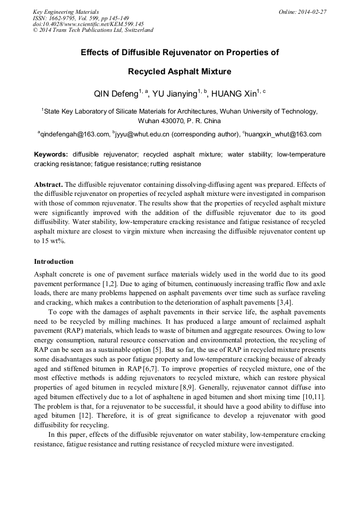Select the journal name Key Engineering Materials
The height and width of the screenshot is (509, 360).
[x=65, y=12]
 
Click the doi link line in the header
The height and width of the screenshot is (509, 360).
[x=88, y=24]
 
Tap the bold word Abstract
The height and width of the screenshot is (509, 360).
[x=48, y=184]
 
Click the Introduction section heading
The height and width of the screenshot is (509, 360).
[x=54, y=262]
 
